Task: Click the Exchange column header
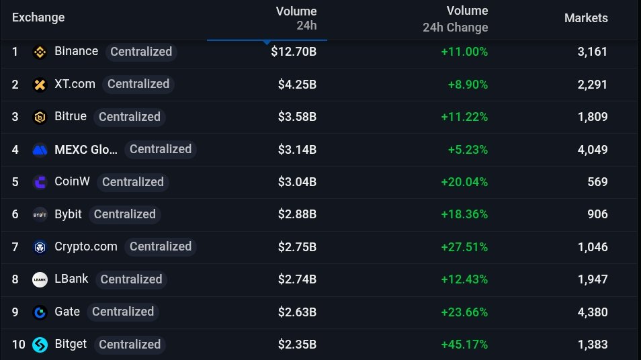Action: pyautogui.click(x=38, y=17)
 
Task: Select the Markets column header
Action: pyautogui.click(x=586, y=18)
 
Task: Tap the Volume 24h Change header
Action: pyautogui.click(x=456, y=19)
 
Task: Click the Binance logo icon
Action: pyautogui.click(x=40, y=52)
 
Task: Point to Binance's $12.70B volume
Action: pyautogui.click(x=294, y=52)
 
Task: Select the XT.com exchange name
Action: pyautogui.click(x=75, y=84)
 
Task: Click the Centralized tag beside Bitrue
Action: pyautogui.click(x=130, y=117)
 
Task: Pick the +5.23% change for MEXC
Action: pyautogui.click(x=468, y=149)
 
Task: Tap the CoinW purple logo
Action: pyautogui.click(x=40, y=182)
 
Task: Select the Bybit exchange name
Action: pyautogui.click(x=68, y=214)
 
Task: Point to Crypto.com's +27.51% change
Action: pyautogui.click(x=464, y=246)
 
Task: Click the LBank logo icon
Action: pyautogui.click(x=40, y=279)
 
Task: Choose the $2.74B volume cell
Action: pyautogui.click(x=297, y=279)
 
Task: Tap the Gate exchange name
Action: pyautogui.click(x=67, y=312)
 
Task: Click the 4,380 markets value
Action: pyautogui.click(x=592, y=312)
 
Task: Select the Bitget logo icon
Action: pyautogui.click(x=40, y=345)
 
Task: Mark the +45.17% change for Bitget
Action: pyautogui.click(x=464, y=345)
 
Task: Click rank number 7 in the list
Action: pyautogui.click(x=15, y=246)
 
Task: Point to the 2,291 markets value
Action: pyautogui.click(x=592, y=84)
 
